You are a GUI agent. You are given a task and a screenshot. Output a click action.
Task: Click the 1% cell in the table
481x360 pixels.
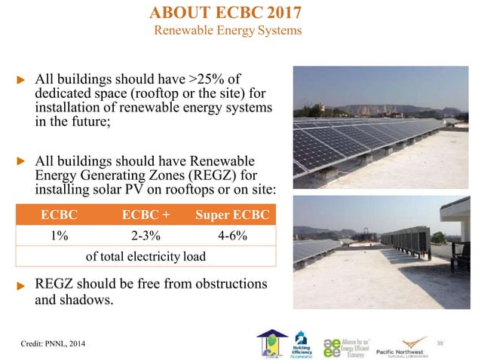click(60, 235)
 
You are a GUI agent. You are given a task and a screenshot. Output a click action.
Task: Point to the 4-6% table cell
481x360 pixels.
click(231, 235)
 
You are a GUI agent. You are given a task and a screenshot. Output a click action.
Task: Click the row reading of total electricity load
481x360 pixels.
click(146, 256)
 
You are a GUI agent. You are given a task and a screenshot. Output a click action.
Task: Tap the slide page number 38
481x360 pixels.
click(461, 343)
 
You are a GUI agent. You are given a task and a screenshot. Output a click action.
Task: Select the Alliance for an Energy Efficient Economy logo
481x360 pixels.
click(346, 343)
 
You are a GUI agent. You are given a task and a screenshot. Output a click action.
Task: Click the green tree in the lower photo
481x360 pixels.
click(437, 237)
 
